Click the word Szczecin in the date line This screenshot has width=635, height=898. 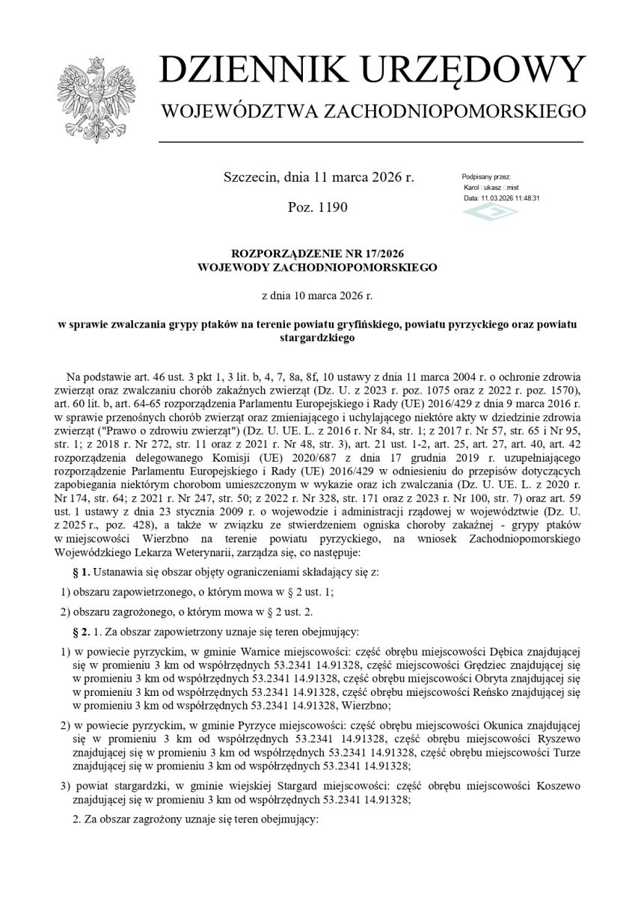251,177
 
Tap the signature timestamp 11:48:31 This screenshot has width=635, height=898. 525,198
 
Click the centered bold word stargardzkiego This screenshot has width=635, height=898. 317,337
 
